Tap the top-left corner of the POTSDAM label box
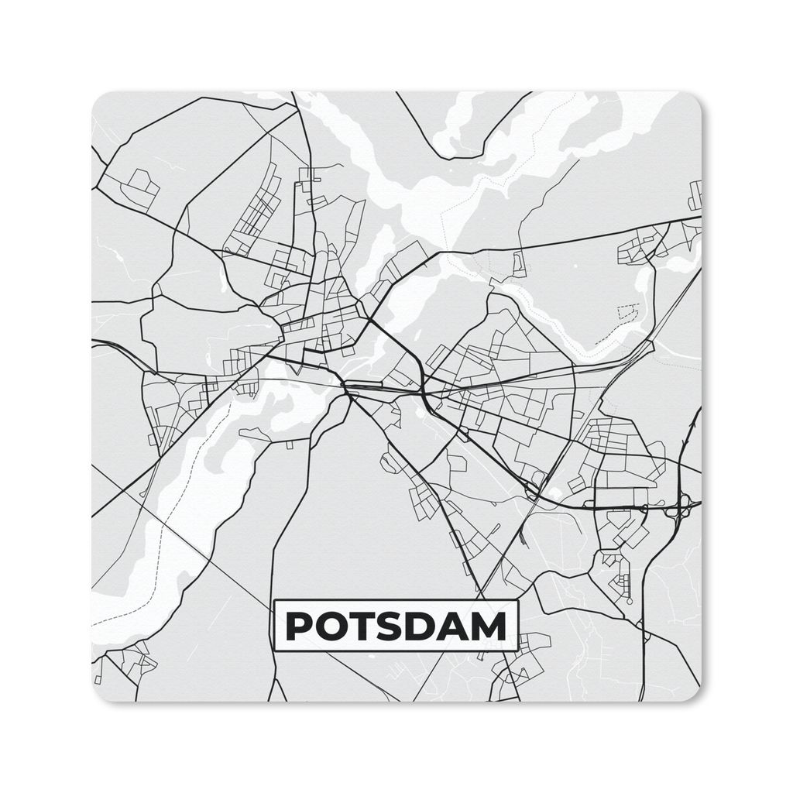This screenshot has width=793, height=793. tap(276, 601)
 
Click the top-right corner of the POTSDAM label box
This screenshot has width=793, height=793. tap(517, 601)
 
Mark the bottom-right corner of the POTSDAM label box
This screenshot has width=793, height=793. tap(517, 651)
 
